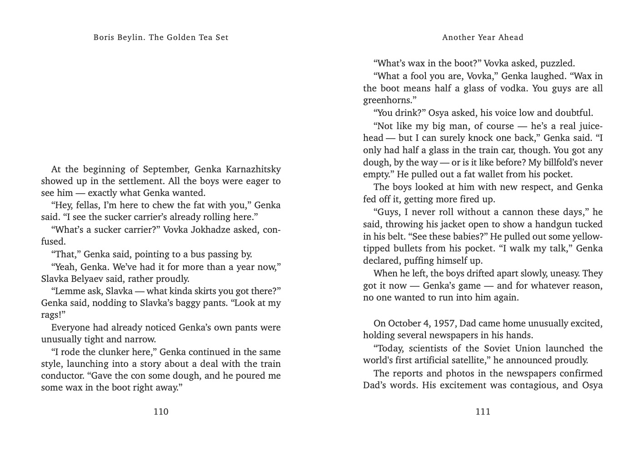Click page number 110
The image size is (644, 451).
[x=161, y=412]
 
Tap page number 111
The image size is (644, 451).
[x=483, y=412]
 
